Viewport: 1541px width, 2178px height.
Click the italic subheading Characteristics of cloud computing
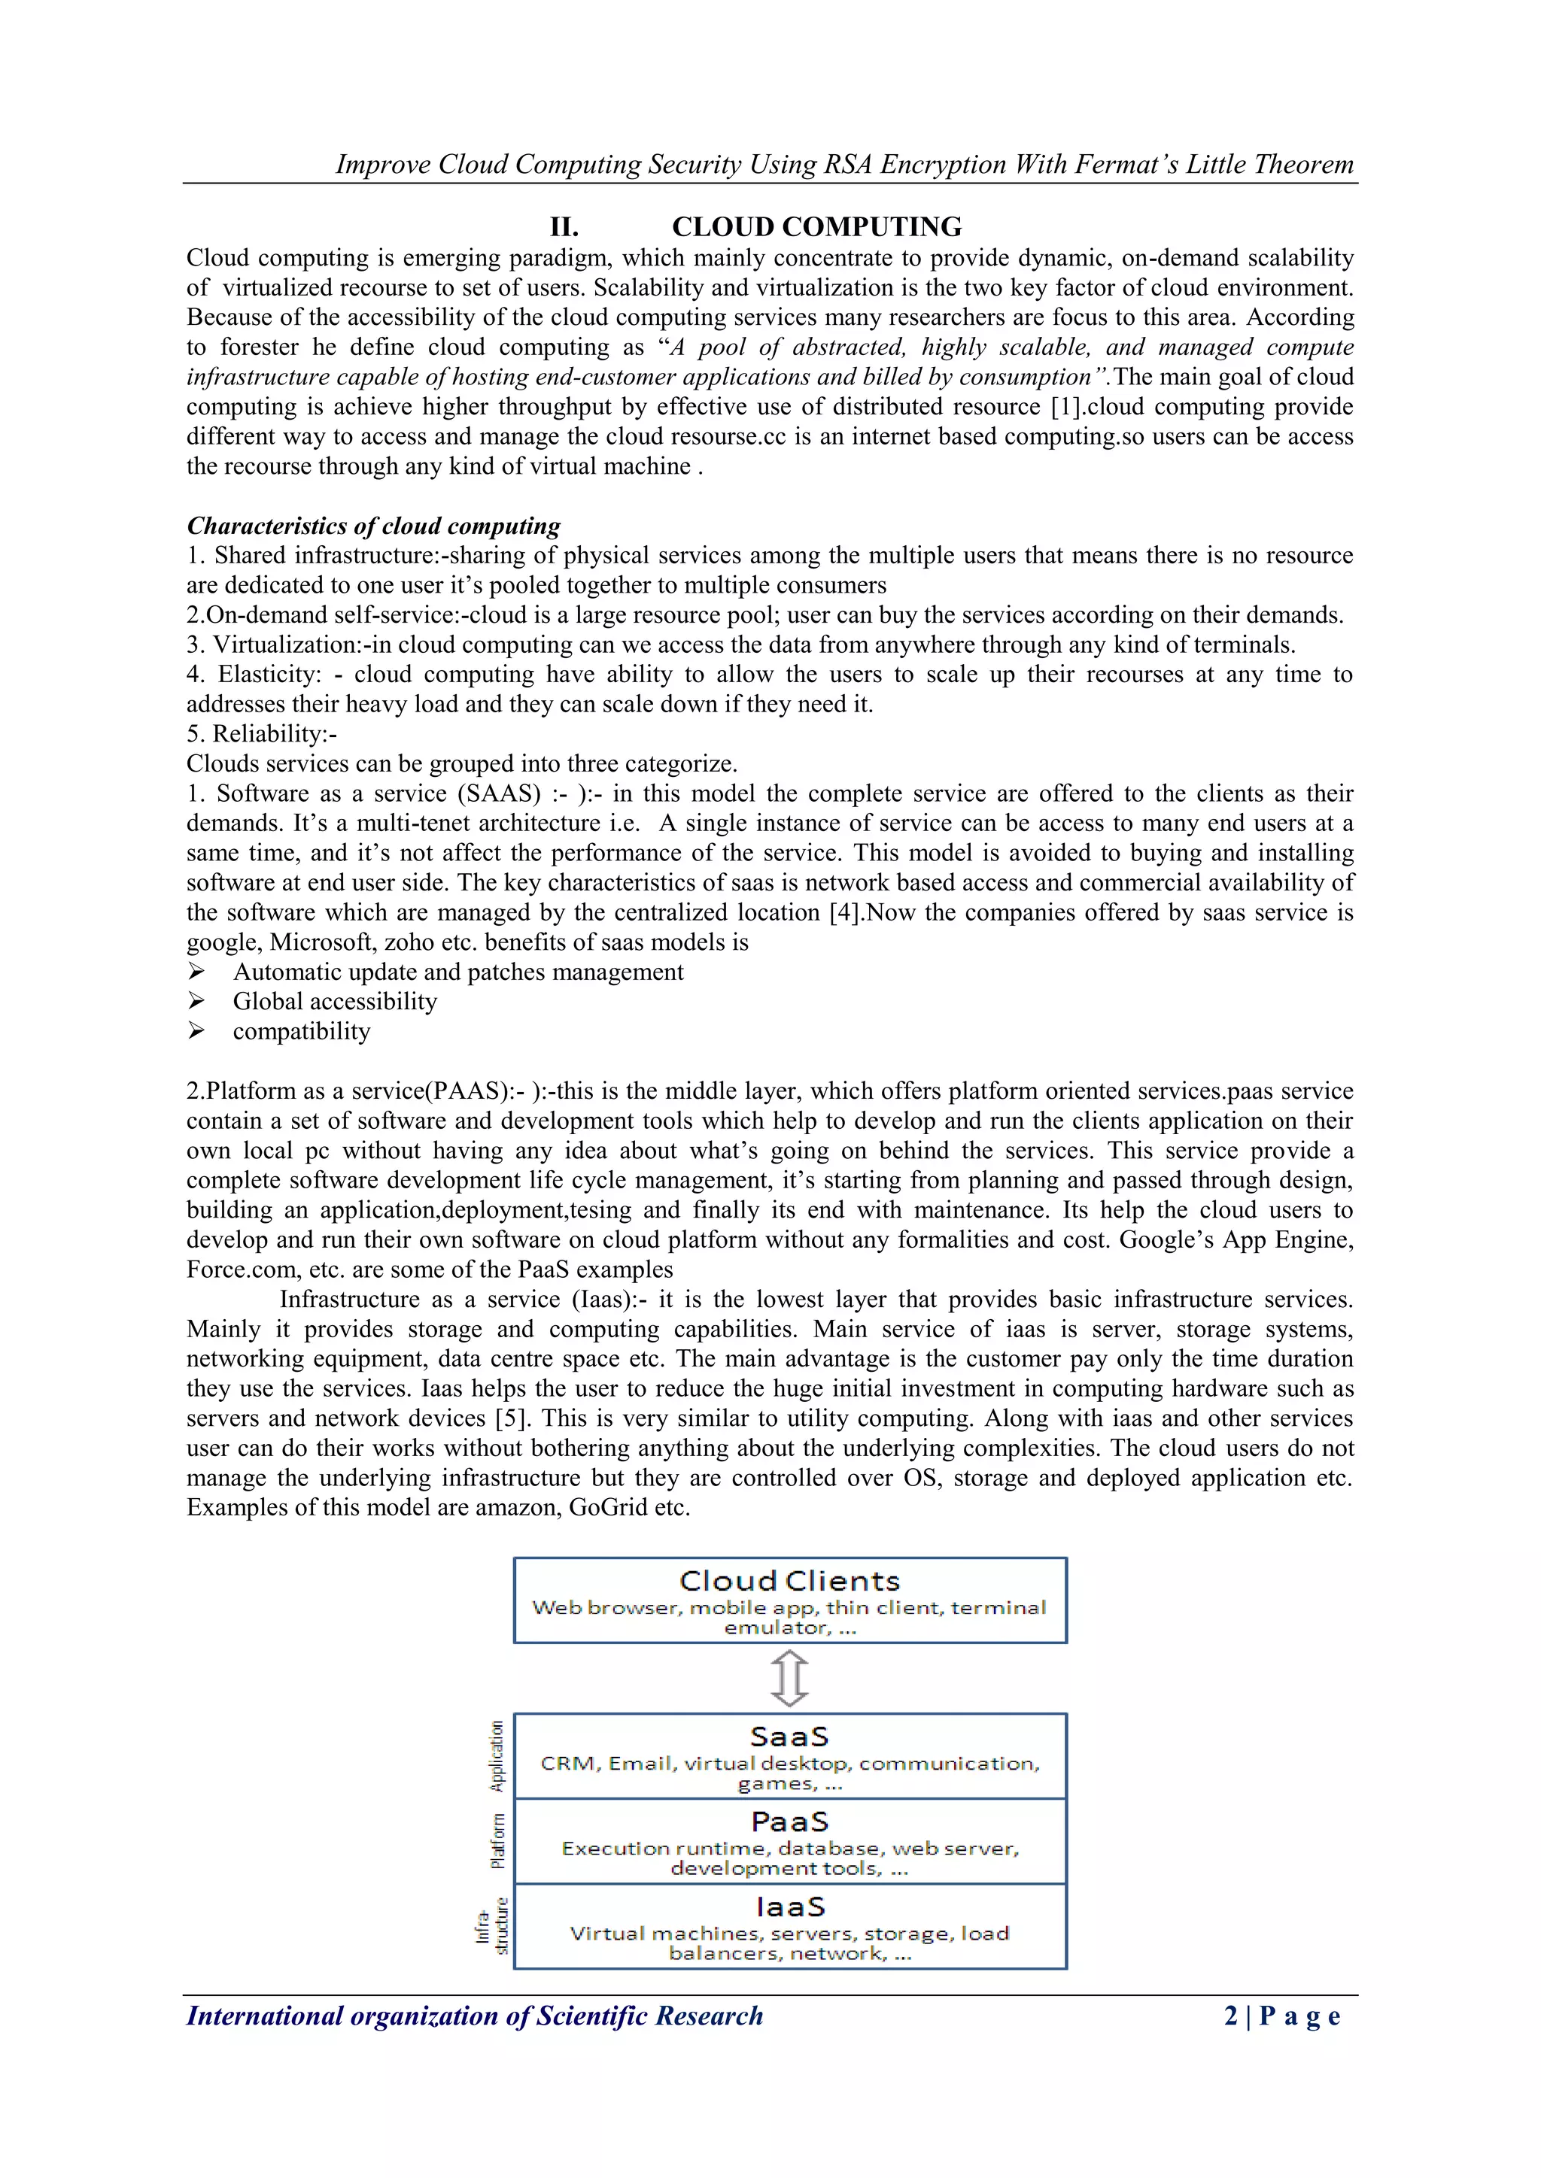pos(373,526)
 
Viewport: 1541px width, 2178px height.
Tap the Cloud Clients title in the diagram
pos(789,1582)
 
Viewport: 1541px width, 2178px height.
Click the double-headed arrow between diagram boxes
pos(789,1678)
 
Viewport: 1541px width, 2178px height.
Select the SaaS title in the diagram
pos(789,1737)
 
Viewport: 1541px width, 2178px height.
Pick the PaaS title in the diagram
pos(789,1822)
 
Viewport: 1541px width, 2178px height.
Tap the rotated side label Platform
pos(497,1841)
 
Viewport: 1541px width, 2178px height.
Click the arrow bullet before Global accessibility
pos(196,1001)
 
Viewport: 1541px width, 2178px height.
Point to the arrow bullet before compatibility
pos(196,1031)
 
